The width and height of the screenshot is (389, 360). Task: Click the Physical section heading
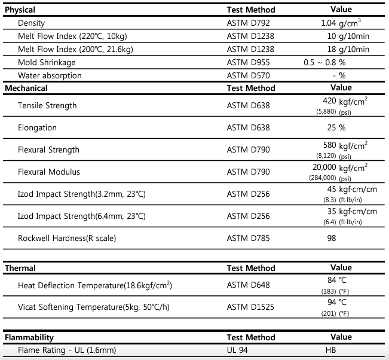pyautogui.click(x=20, y=10)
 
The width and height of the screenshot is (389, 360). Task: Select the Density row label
pyautogui.click(x=32, y=23)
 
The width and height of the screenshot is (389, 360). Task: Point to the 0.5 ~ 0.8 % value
pyautogui.click(x=324, y=63)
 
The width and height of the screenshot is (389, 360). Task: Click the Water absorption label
pyautogui.click(x=50, y=76)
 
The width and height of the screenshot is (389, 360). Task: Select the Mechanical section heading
pyautogui.click(x=26, y=88)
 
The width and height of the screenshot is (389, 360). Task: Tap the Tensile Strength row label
pyautogui.click(x=47, y=106)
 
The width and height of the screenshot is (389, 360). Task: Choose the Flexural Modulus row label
pyautogui.click(x=48, y=172)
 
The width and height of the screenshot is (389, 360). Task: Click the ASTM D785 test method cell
pyautogui.click(x=248, y=239)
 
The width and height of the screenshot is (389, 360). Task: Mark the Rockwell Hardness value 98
pyautogui.click(x=332, y=239)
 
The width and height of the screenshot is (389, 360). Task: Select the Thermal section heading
pyautogui.click(x=20, y=269)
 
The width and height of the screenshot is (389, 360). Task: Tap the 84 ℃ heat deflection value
pyautogui.click(x=338, y=280)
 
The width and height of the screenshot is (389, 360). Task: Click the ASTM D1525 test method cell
pyautogui.click(x=250, y=308)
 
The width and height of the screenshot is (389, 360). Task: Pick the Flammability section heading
pyautogui.click(x=29, y=338)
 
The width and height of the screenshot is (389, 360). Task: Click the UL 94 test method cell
pyautogui.click(x=237, y=350)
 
